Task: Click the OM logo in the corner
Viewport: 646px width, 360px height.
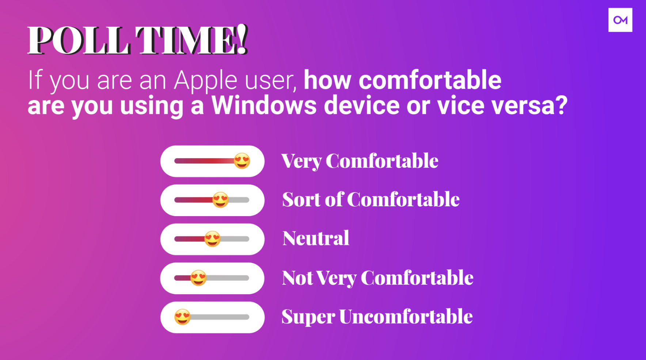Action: click(620, 20)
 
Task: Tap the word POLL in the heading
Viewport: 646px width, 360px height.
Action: click(79, 40)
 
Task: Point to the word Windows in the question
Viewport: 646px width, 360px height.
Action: click(264, 105)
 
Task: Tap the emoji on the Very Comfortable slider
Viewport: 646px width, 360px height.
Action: click(242, 161)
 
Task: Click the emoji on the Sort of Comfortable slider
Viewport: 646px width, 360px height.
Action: click(221, 200)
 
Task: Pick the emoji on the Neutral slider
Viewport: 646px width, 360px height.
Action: click(212, 239)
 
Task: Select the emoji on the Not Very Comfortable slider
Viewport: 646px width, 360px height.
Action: click(198, 278)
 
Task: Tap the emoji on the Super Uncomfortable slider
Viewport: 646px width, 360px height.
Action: click(182, 317)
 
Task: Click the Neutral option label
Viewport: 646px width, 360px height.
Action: click(316, 238)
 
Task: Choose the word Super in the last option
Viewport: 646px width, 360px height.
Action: click(308, 317)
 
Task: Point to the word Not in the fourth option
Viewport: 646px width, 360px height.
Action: click(297, 278)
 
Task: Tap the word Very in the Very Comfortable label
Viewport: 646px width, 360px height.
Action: click(301, 161)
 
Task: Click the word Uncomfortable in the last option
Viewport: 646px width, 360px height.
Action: click(406, 316)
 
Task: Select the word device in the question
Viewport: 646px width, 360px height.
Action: click(362, 105)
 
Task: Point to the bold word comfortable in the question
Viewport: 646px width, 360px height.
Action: click(430, 80)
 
